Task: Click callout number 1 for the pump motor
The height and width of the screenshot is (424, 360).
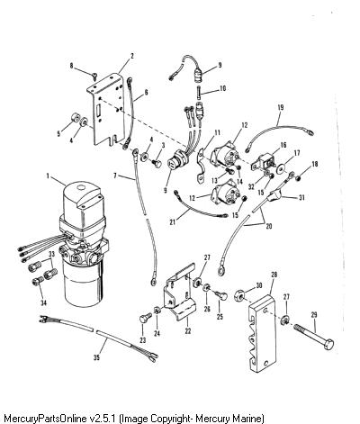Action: point(48,176)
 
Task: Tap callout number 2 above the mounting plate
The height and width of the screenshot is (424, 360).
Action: point(131,56)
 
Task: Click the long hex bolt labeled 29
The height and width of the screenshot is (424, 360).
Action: point(313,337)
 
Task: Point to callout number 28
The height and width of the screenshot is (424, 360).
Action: point(274,275)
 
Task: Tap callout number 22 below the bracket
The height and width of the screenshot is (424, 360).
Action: point(188,331)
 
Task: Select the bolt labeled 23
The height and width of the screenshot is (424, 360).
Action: point(144,318)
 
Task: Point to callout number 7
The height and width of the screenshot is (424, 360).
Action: point(115,175)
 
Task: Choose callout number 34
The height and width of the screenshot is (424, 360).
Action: point(44,302)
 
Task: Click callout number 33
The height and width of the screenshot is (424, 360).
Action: point(52,254)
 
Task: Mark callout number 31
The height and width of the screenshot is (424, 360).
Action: point(301,197)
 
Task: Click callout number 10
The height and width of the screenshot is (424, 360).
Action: point(222,88)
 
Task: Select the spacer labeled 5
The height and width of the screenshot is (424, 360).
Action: point(75,118)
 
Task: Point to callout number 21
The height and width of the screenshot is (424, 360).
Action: point(172,222)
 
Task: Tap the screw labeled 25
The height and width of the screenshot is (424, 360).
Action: point(222,295)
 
